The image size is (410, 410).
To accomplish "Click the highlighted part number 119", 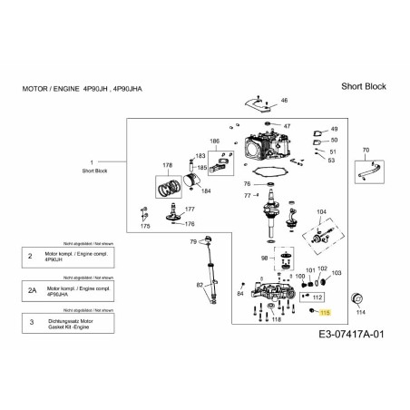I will point(326,311).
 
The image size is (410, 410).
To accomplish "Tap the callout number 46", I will point(284,100).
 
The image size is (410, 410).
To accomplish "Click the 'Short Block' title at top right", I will point(363,86).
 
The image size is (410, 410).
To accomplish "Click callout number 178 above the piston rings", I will point(167,165).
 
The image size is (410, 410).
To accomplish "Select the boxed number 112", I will point(317,296).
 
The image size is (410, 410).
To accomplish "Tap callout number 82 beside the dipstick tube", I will point(200,286).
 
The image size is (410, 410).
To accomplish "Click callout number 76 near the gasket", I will point(247,184).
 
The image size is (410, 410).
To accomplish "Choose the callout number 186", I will point(214,142).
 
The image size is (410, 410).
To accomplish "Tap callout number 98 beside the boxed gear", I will point(264,258).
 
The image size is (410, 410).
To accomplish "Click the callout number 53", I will point(331,161).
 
